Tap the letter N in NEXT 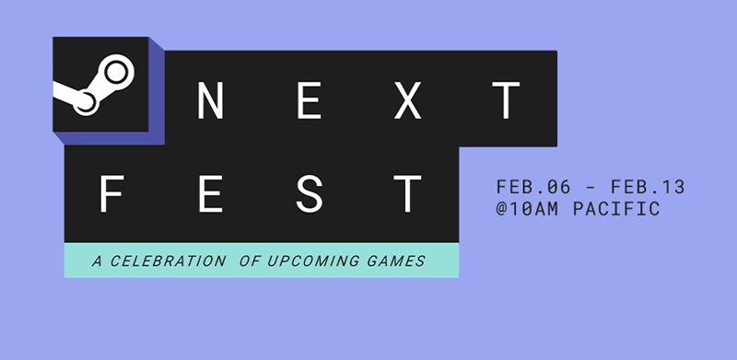tap(213, 99)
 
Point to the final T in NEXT tap(504, 99)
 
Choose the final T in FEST tap(406, 193)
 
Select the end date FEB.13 tap(649, 188)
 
